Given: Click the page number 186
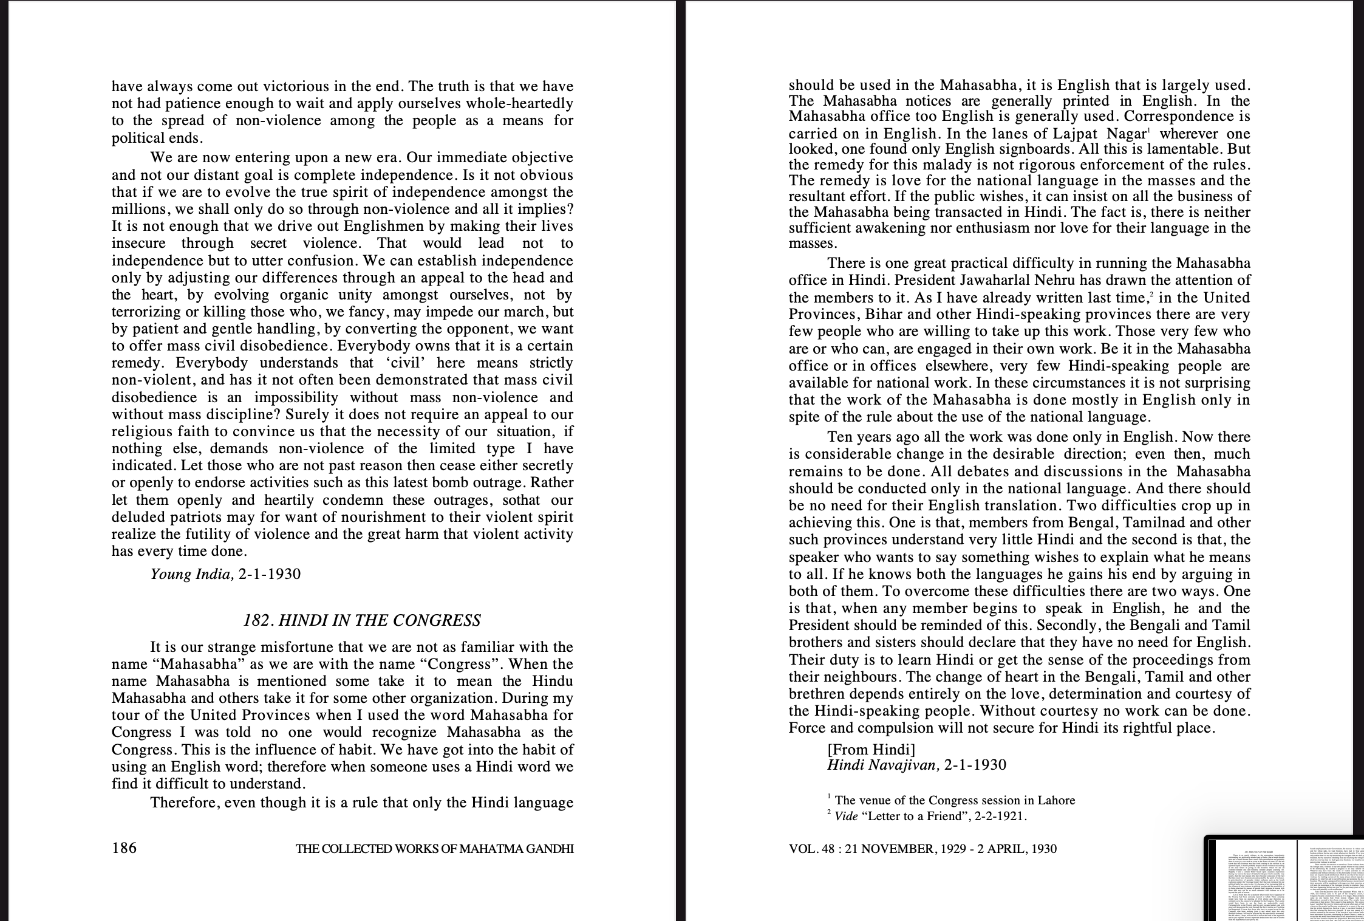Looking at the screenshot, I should point(124,847).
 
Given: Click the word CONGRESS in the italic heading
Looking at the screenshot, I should point(437,620).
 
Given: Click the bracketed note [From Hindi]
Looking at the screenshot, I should point(871,749).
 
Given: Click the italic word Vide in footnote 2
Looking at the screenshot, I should point(846,817).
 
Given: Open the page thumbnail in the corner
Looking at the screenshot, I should point(1284,878).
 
